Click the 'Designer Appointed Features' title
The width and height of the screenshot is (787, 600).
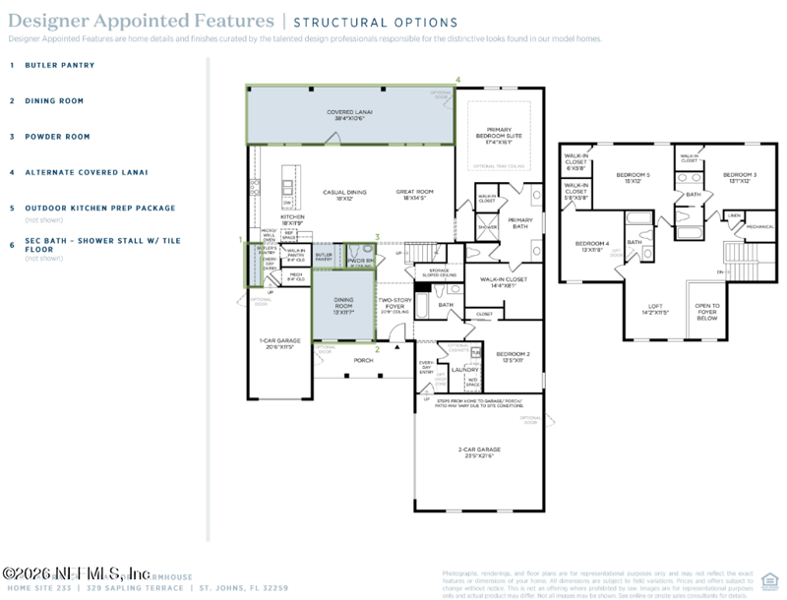coord(142,21)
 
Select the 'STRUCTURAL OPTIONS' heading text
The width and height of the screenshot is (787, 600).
coord(375,23)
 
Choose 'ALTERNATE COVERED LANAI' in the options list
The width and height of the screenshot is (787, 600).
coord(86,172)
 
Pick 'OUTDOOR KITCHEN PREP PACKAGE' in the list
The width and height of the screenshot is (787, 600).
coord(99,208)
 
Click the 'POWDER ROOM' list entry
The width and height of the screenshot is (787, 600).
coord(57,137)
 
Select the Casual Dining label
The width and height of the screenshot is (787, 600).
coord(344,195)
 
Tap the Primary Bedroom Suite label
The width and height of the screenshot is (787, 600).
coord(499,135)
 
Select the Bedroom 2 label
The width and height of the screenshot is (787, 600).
coord(513,356)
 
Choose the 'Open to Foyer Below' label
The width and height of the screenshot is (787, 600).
coord(706,312)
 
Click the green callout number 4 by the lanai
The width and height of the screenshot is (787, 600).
coord(456,80)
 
